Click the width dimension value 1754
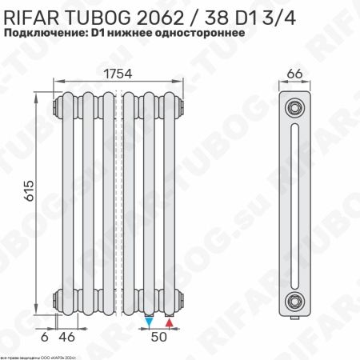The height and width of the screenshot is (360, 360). click(118, 73)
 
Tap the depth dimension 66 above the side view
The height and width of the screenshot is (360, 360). click(294, 74)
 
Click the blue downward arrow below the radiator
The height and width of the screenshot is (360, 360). click(150, 322)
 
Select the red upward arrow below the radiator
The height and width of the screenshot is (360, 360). click(169, 322)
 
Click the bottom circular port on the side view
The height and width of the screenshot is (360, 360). click(295, 301)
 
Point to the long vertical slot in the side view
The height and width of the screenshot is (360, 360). click(295, 203)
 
